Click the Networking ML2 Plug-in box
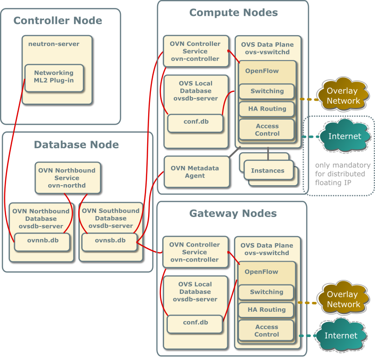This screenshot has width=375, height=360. click(x=54, y=77)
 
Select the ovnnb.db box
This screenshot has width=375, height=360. click(x=42, y=241)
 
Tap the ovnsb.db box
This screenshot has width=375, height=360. click(x=110, y=241)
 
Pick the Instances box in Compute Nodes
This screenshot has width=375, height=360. click(x=268, y=171)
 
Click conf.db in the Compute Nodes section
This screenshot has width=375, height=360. click(x=195, y=122)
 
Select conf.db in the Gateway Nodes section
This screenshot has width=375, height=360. click(x=195, y=322)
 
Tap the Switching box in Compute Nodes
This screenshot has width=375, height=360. click(x=267, y=91)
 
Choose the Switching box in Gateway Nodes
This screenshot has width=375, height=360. click(x=266, y=292)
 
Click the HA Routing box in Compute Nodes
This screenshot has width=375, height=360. click(x=267, y=109)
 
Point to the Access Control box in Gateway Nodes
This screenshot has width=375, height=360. click(x=266, y=331)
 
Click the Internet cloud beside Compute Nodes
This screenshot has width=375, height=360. click(x=345, y=136)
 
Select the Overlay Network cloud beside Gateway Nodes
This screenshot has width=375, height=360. click(x=343, y=300)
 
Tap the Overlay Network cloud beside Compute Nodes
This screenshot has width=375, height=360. click(x=343, y=96)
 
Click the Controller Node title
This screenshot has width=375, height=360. click(x=58, y=21)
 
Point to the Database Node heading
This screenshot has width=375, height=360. click(x=76, y=144)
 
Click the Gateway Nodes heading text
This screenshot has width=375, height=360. click(x=232, y=214)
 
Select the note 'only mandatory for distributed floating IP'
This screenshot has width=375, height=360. click(x=343, y=173)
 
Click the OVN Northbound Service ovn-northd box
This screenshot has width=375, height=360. click(x=67, y=178)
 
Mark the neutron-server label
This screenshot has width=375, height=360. click(x=54, y=44)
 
